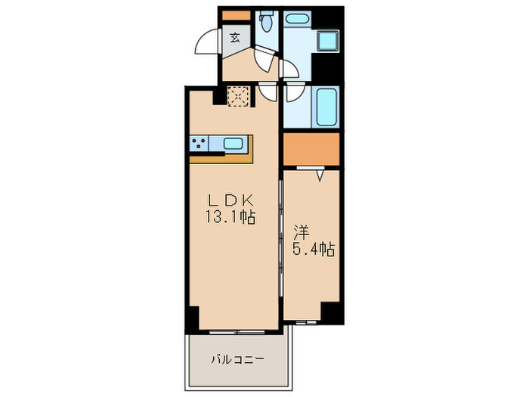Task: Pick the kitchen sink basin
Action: point(234,143)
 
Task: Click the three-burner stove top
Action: point(201,144)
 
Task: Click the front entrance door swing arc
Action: point(207,42)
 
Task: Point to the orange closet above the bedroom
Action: point(311,149)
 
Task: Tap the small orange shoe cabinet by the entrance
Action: point(235,14)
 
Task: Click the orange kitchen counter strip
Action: point(221,158)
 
